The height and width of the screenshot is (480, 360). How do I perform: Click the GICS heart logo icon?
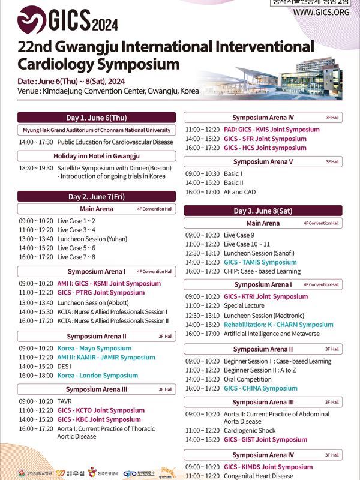click(x=31, y=21)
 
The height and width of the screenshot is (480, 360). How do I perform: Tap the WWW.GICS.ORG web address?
click(x=321, y=12)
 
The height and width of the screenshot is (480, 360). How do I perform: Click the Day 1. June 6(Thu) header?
click(x=97, y=118)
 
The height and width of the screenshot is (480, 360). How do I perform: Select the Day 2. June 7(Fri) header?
click(x=97, y=197)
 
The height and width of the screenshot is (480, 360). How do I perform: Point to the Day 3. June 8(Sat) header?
click(x=263, y=211)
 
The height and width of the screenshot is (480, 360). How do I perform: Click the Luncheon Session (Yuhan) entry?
click(x=92, y=239)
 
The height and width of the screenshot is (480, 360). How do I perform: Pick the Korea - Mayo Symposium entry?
click(x=94, y=349)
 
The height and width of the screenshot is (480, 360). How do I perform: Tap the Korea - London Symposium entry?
click(x=97, y=376)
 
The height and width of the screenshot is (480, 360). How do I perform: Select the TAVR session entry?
click(x=65, y=401)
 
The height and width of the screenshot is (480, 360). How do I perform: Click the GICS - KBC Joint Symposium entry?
click(x=99, y=419)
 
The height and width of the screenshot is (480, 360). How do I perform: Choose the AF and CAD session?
click(x=240, y=192)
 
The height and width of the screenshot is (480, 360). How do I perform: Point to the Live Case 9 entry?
click(x=239, y=235)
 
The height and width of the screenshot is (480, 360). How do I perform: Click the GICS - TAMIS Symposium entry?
click(x=260, y=262)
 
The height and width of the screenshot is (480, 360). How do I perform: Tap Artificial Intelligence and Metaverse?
click(x=272, y=334)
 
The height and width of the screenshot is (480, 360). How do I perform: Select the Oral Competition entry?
click(x=247, y=379)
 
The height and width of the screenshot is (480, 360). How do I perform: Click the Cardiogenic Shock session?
click(x=250, y=430)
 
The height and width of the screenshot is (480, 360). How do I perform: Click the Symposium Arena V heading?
click(x=263, y=161)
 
